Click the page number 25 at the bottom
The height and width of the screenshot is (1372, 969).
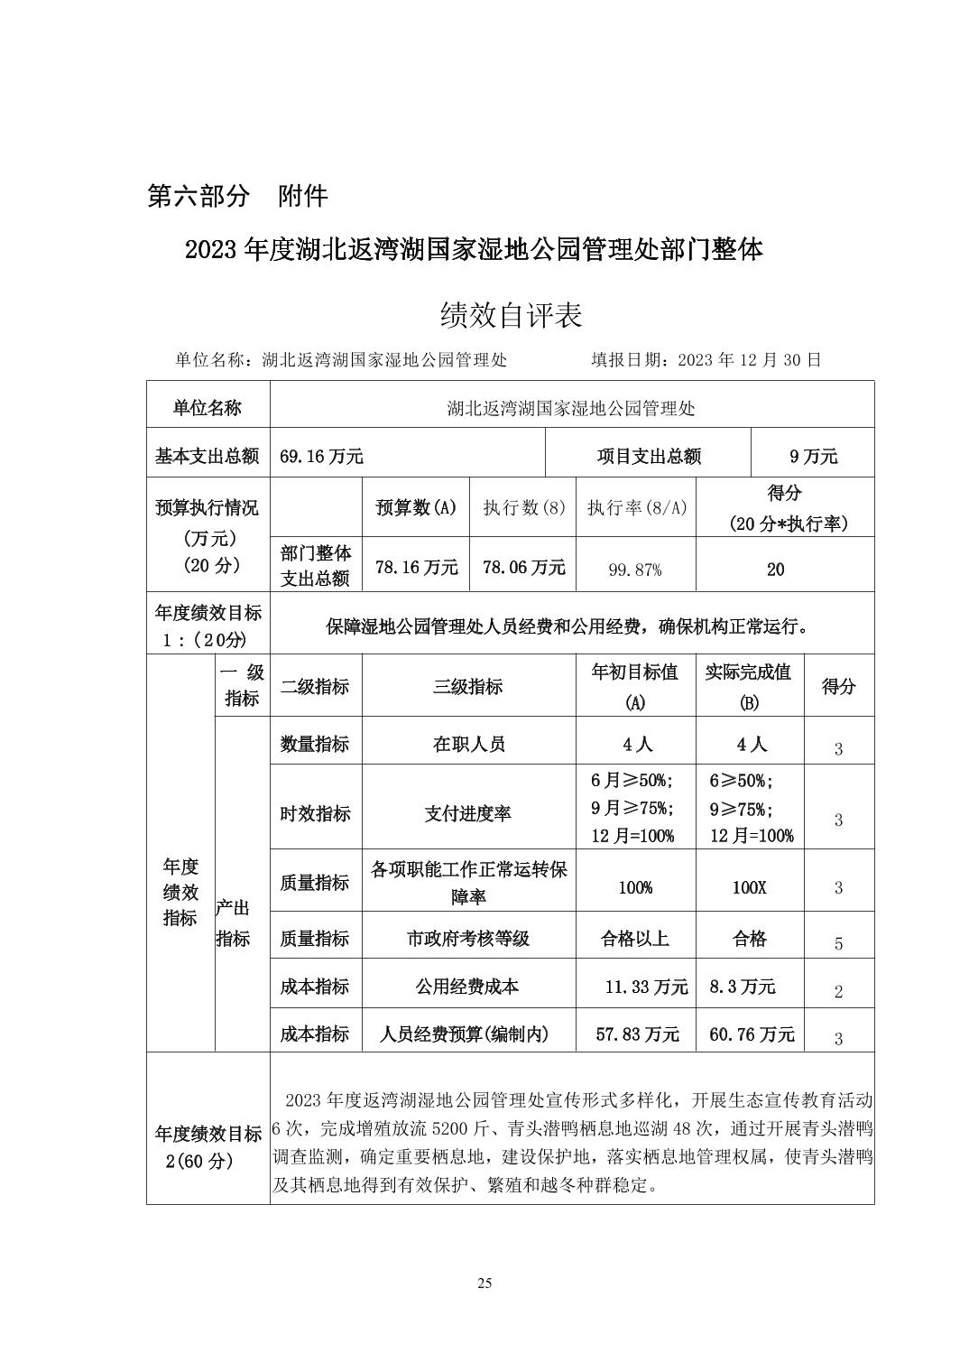tap(484, 1284)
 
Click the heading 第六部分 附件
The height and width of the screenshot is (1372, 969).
tap(237, 196)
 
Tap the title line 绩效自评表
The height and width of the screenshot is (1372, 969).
tap(511, 314)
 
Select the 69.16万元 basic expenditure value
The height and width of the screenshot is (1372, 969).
tap(321, 457)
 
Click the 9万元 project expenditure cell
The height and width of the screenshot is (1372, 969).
tap(813, 457)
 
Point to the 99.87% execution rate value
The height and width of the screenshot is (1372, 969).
tap(635, 570)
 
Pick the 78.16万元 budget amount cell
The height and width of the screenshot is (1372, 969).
tap(416, 567)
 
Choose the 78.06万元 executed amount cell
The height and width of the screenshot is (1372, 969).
tap(523, 567)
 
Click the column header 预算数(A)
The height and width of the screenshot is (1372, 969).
tap(416, 507)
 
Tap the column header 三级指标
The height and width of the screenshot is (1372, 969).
tap(468, 687)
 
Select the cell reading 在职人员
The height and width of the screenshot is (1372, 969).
tap(468, 745)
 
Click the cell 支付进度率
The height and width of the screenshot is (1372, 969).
tap(468, 813)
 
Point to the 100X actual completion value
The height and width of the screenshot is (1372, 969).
tap(749, 887)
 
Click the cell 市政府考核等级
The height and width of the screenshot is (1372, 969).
tap(468, 939)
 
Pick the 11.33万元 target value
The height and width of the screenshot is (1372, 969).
tap(646, 987)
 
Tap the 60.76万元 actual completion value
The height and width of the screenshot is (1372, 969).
tap(752, 1034)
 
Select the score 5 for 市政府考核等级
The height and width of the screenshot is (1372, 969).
tap(838, 944)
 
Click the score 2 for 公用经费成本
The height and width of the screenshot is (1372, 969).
tap(838, 992)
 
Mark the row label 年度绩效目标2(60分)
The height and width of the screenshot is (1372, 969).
tap(208, 1147)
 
